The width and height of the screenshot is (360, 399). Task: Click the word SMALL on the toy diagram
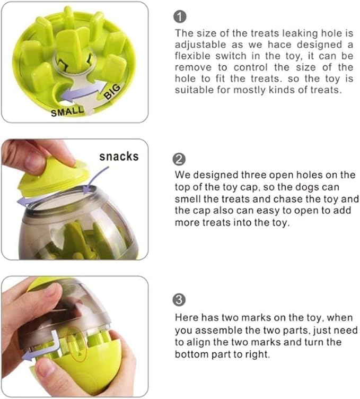pyautogui.click(x=67, y=111)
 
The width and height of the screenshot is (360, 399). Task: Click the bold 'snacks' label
pyautogui.click(x=119, y=156)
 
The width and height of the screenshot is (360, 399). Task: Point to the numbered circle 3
pyautogui.click(x=180, y=300)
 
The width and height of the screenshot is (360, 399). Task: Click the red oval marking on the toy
pyautogui.click(x=77, y=345)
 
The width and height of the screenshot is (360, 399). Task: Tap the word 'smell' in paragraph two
pyautogui.click(x=188, y=199)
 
